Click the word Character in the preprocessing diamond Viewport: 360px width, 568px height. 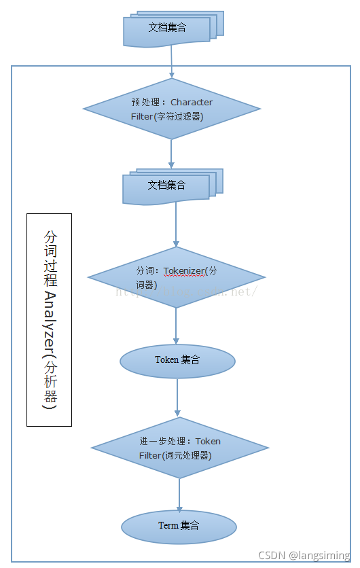(x=192, y=102)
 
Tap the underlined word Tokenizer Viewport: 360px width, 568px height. (x=183, y=270)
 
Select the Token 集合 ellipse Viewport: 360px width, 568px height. (x=177, y=360)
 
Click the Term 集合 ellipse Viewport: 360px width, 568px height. (x=179, y=526)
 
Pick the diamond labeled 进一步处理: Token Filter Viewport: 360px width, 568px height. (x=179, y=448)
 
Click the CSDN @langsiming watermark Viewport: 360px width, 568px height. (x=304, y=555)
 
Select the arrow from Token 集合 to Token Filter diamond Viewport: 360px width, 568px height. (x=177, y=397)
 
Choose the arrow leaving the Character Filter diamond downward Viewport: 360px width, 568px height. (x=172, y=154)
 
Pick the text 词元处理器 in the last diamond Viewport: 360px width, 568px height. (x=187, y=455)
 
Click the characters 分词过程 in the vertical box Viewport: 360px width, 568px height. (x=50, y=258)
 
